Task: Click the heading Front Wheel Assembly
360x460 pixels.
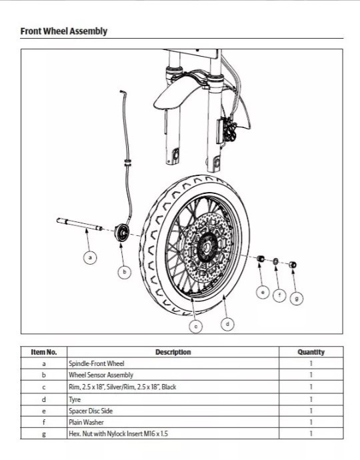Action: pos(63,31)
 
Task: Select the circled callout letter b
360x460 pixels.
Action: pos(125,271)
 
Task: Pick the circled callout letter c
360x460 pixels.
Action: pos(195,326)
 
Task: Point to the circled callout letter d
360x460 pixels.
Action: pos(228,324)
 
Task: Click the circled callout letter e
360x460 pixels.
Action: pos(263,292)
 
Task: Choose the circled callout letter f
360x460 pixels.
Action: pos(280,294)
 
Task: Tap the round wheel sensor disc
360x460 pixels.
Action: pos(121,233)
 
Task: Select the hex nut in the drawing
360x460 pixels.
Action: pos(292,265)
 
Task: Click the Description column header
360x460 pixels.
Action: pos(173,352)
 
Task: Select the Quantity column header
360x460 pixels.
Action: pos(311,352)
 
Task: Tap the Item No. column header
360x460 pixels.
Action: pos(44,352)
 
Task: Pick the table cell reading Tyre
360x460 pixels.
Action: pos(75,399)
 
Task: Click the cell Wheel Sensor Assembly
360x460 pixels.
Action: pos(96,375)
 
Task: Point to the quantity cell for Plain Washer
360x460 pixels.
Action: pos(311,422)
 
